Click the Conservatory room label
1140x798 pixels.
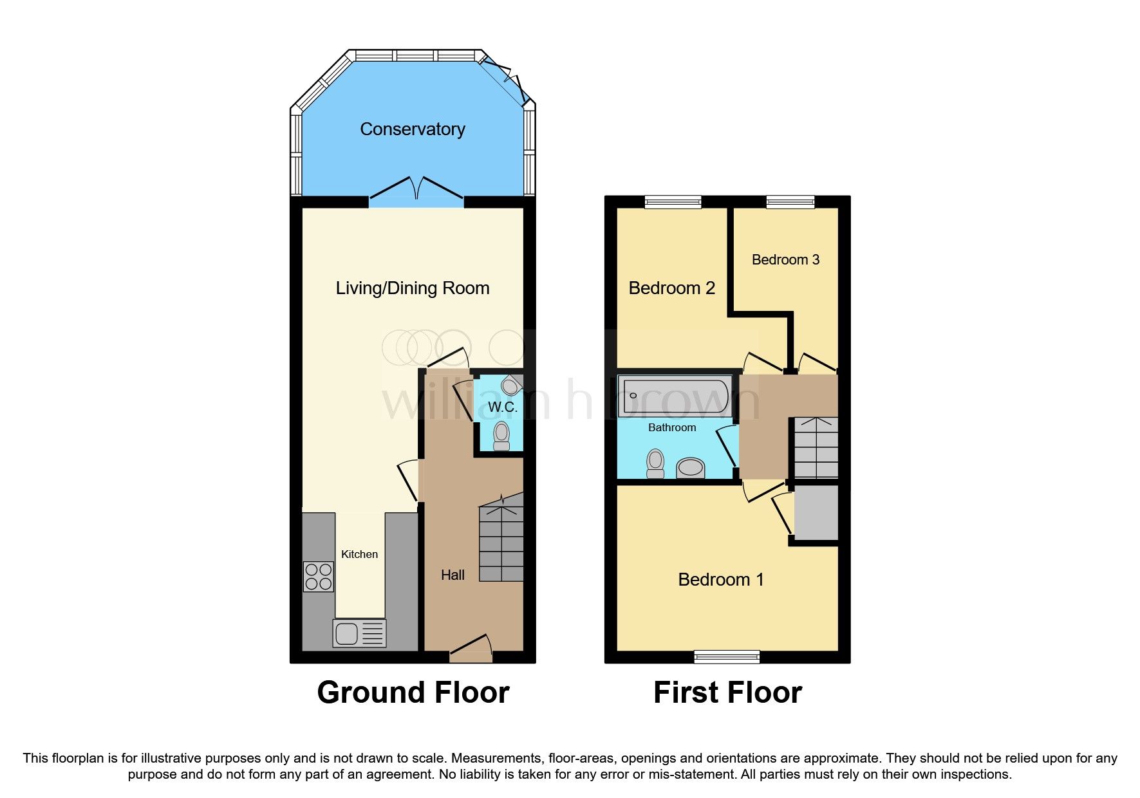412,129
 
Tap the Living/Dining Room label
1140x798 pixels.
412,288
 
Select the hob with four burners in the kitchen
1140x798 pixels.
318,576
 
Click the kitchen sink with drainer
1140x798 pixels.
359,633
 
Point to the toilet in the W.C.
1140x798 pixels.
501,436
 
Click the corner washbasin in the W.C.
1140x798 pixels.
511,385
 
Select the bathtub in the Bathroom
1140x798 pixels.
673,396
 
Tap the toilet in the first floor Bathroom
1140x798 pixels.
655,463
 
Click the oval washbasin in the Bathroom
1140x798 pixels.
691,467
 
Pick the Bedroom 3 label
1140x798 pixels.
785,259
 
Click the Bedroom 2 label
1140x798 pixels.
671,288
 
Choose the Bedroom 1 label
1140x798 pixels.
720,579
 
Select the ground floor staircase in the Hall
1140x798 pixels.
501,544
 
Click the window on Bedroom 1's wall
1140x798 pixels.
727,656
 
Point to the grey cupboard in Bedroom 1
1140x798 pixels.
816,512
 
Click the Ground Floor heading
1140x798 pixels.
413,692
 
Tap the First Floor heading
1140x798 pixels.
727,692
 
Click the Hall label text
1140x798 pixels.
453,575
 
